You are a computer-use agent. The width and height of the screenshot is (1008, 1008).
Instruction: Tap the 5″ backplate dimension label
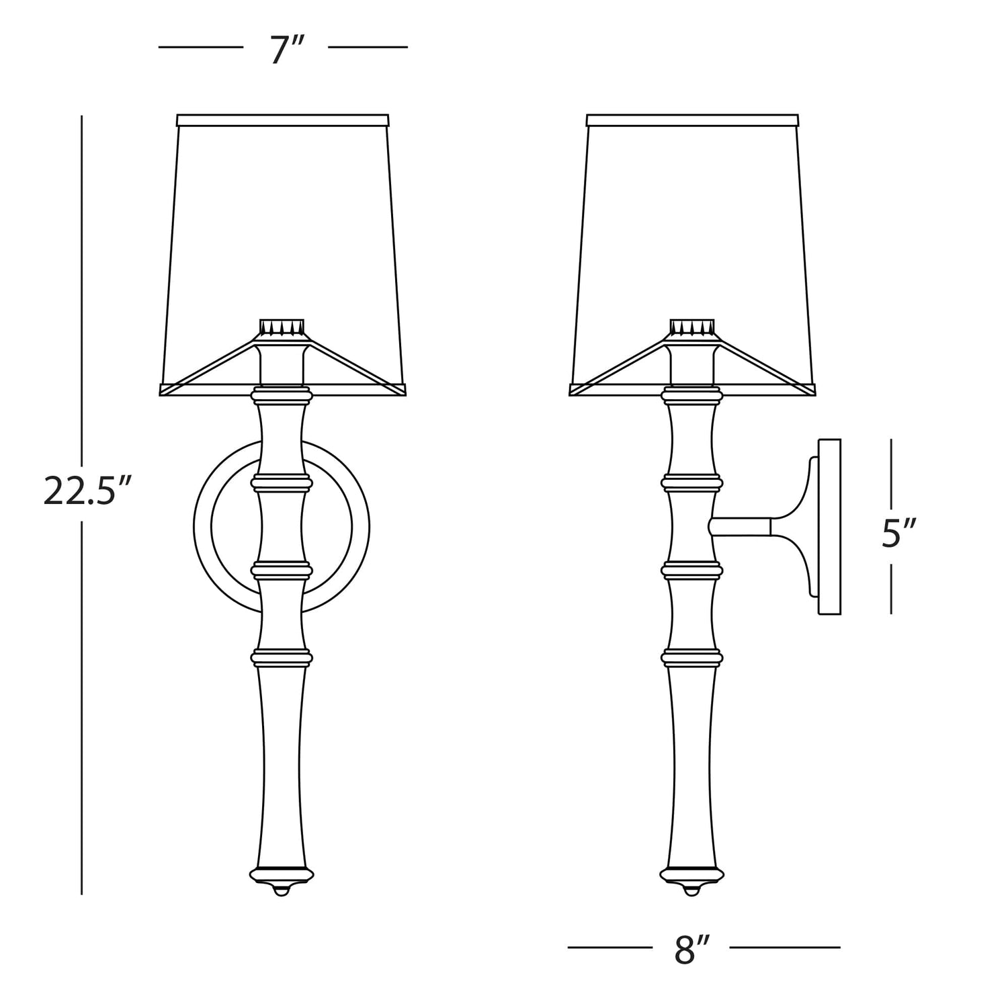click(x=899, y=535)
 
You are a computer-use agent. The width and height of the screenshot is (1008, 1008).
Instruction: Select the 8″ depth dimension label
click(x=692, y=949)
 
